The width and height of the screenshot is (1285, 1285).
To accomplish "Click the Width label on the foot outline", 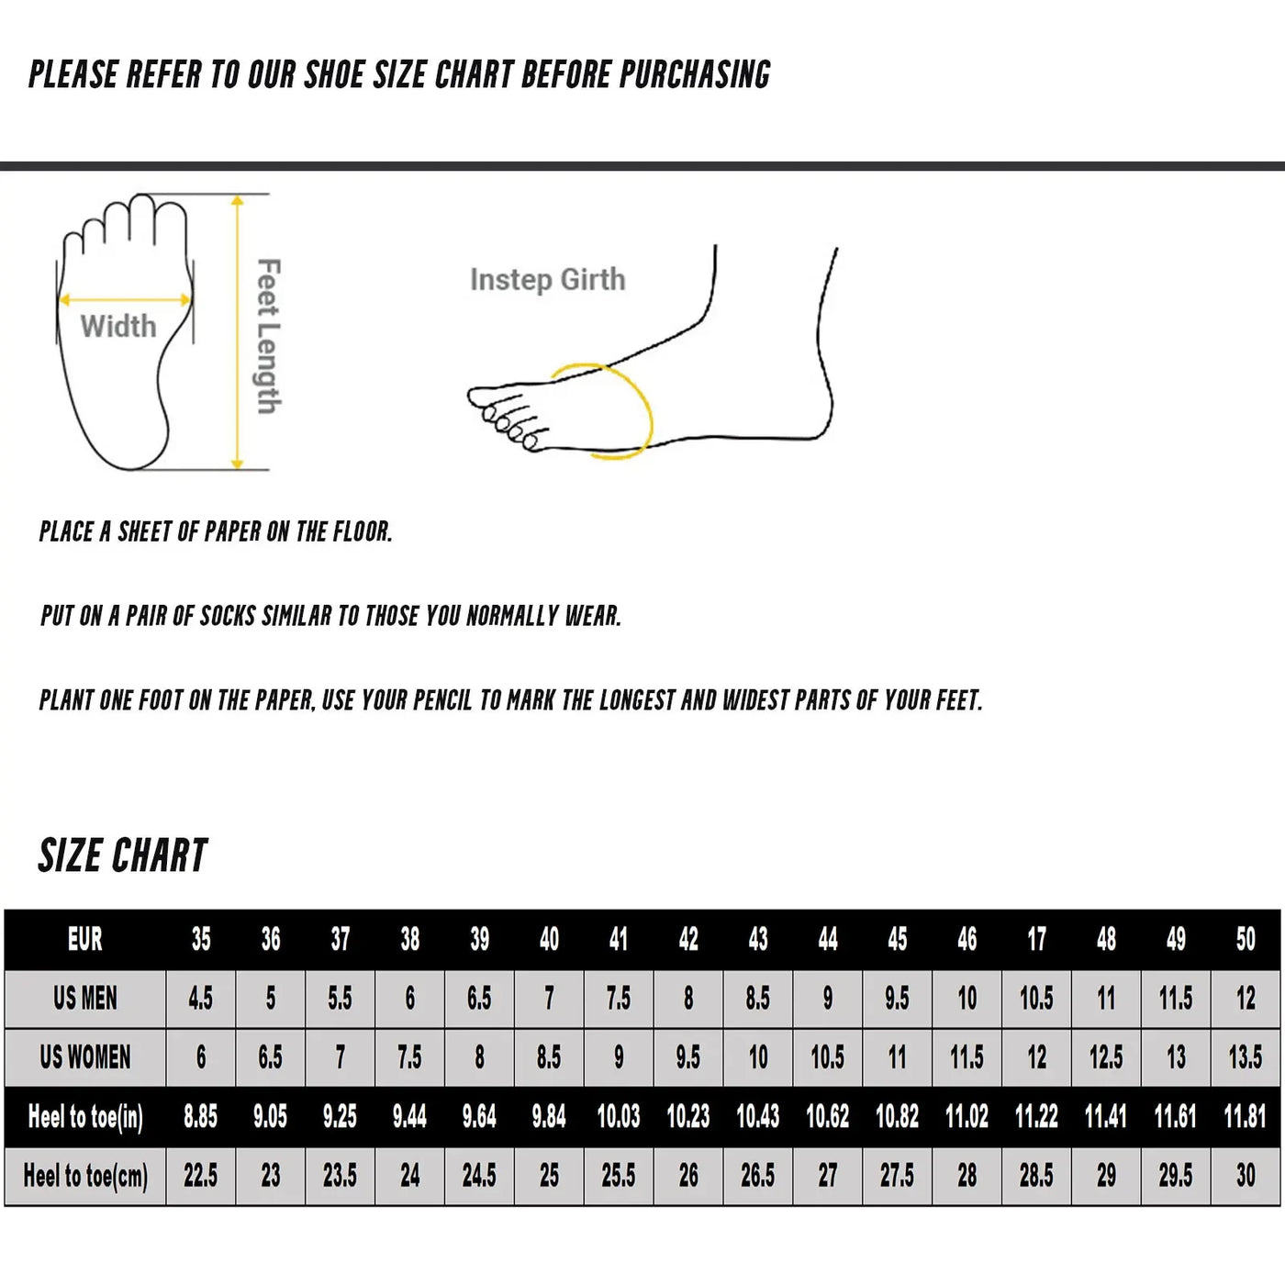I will [117, 326].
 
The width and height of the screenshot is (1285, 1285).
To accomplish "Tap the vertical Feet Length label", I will [267, 336].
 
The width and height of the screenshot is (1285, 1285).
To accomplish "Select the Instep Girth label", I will [547, 279].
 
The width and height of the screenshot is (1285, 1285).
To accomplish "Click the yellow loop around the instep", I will [647, 413].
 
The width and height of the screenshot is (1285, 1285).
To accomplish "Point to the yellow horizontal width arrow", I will [124, 299].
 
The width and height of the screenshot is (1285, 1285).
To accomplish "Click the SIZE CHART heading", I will [123, 855].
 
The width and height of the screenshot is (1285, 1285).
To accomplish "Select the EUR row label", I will [84, 939].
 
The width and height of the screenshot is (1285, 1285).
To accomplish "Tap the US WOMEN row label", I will [84, 1057].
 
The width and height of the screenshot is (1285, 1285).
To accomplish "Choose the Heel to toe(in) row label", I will [84, 1117].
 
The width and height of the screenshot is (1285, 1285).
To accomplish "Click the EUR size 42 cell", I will [688, 939].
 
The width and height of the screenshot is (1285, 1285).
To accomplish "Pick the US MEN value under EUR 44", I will [828, 999].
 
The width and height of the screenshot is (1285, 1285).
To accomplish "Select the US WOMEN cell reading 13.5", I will [1245, 1057].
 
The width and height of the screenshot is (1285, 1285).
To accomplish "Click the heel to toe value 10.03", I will [619, 1117].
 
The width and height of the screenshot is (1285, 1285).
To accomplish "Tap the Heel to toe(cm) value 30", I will [1245, 1176].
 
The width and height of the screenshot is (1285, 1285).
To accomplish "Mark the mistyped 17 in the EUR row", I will [1036, 939].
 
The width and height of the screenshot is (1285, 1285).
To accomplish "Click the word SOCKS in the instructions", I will [228, 616].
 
